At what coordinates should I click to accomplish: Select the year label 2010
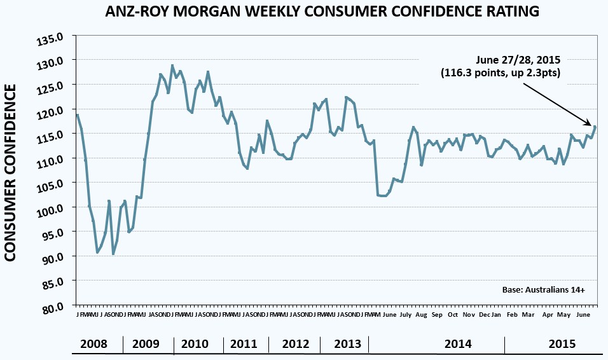(195, 344)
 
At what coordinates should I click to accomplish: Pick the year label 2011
(244, 344)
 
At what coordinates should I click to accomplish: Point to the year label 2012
(296, 344)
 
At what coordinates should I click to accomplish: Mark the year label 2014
(458, 344)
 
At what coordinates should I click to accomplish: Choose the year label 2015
(562, 344)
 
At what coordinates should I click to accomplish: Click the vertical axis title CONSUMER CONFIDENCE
(11, 172)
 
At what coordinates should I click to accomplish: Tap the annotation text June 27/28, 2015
(517, 60)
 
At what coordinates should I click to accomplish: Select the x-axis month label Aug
(420, 315)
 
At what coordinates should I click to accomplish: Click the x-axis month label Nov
(469, 315)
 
